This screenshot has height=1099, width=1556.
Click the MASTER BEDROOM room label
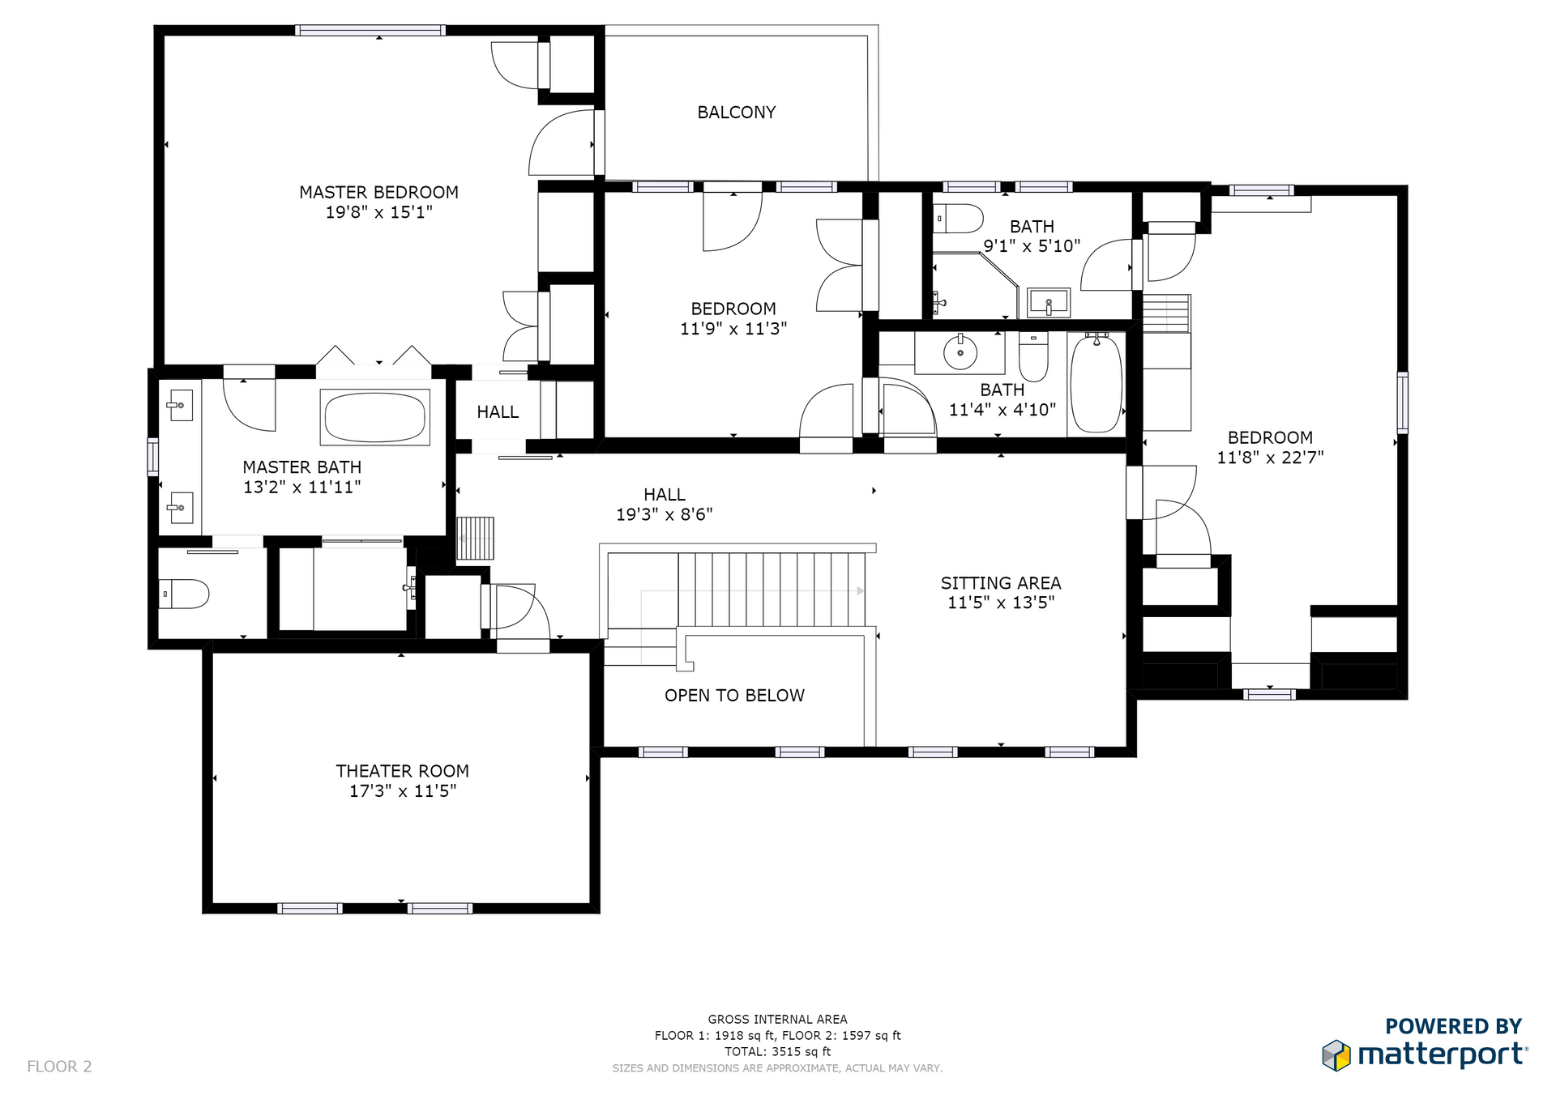coord(378,193)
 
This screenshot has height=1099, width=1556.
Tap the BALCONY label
coord(737,113)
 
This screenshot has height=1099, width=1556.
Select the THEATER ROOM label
coord(403,771)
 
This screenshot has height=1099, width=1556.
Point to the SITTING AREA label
coord(1001,583)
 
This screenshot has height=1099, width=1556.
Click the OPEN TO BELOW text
coord(734,696)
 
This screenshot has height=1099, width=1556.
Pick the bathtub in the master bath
coord(374,417)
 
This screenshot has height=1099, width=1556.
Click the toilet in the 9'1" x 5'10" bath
coord(958,219)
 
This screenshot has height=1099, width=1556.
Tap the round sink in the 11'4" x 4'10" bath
coord(960,352)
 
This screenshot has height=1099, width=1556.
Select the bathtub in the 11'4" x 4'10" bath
coord(1096,383)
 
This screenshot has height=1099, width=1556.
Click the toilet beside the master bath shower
coord(184,594)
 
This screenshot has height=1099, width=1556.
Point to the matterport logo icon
coord(1336,1055)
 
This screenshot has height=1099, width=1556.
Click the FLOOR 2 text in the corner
coord(59,1067)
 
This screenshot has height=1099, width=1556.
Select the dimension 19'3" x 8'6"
coord(665,514)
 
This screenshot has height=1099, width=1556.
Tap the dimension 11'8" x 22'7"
coord(1270,458)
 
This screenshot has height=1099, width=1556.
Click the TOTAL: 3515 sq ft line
coord(778,1051)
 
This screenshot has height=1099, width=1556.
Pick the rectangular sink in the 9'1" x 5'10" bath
coord(1049,303)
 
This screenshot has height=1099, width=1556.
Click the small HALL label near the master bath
coord(498,412)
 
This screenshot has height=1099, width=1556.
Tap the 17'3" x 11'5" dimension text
coord(403,791)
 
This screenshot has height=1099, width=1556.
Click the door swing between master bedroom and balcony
coord(562,143)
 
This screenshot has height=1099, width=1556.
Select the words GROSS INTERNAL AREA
coord(778,1020)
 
